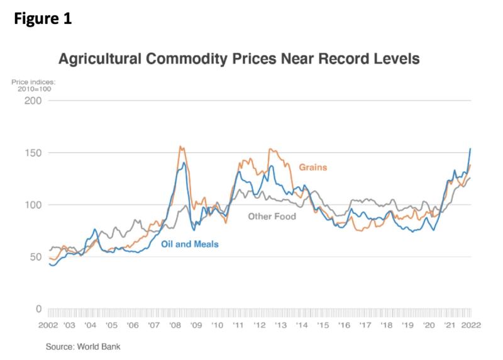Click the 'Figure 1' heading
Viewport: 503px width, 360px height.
pos(42,19)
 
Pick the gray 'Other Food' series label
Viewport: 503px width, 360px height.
pos(272,217)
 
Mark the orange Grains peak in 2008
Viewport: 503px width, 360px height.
pos(180,147)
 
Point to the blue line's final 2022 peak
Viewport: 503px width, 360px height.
pos(470,149)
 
